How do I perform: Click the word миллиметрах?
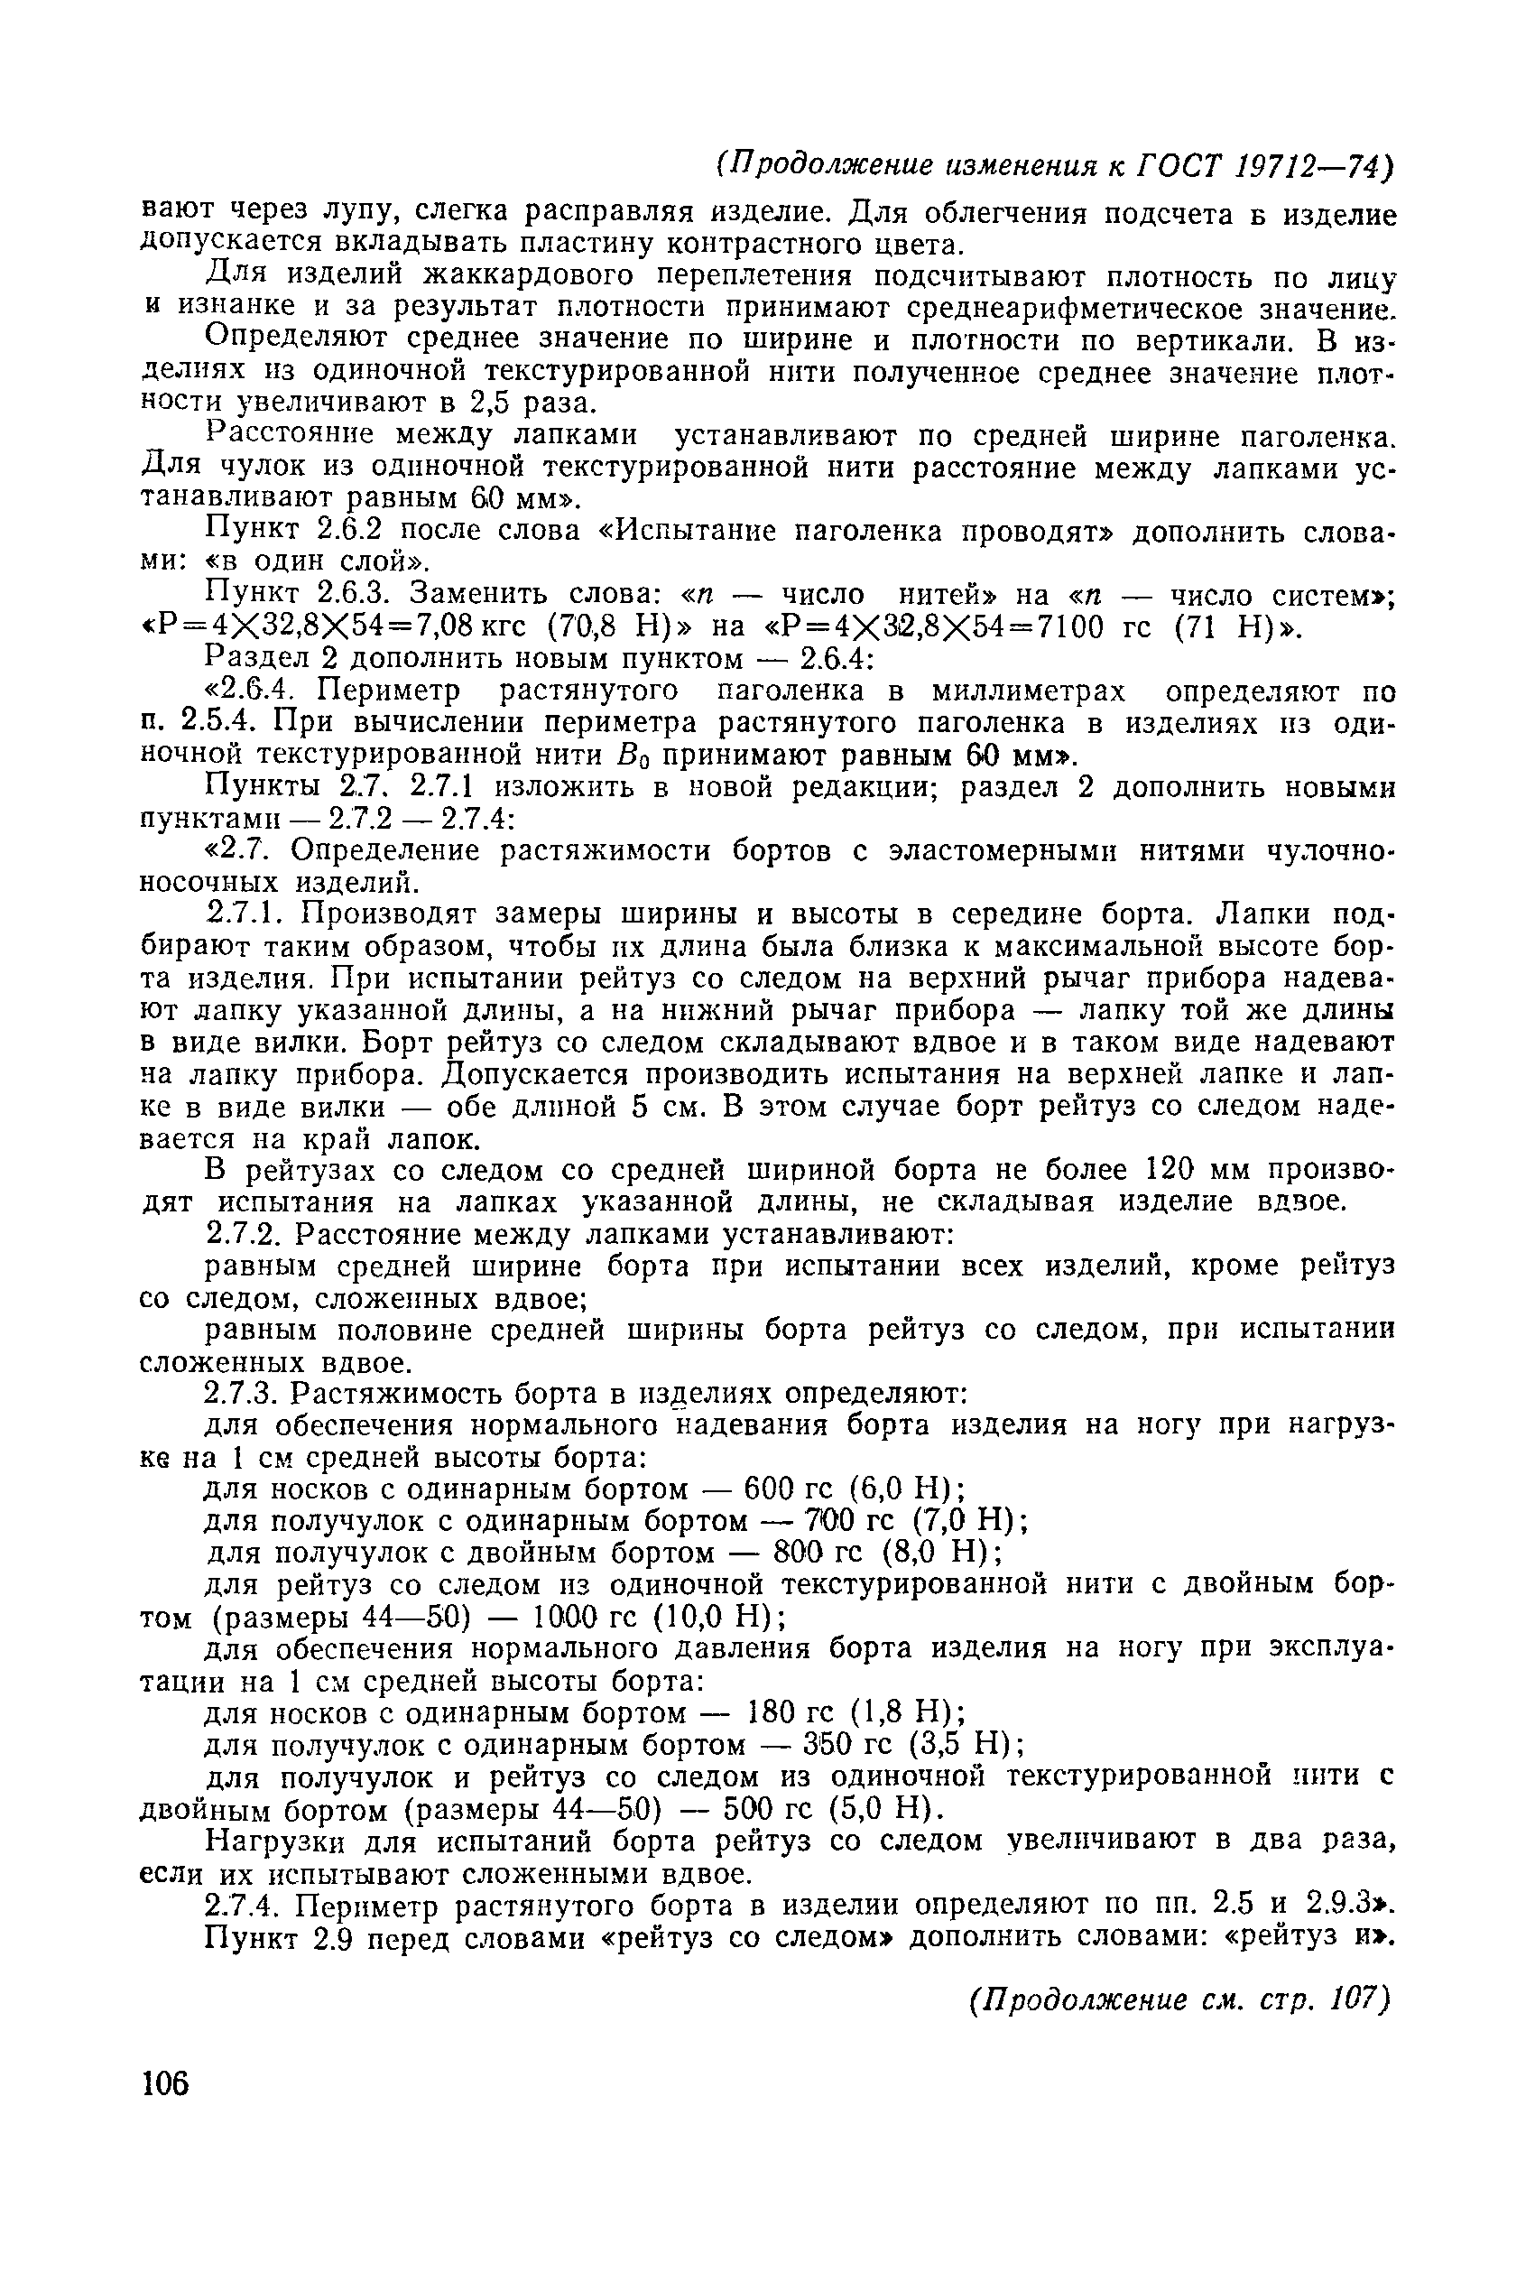(1028, 691)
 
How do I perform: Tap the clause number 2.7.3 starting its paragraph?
(241, 1393)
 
